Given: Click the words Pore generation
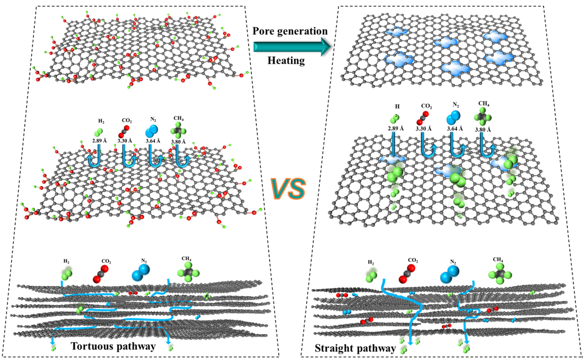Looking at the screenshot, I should point(290,31).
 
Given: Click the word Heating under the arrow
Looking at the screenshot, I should point(286,61).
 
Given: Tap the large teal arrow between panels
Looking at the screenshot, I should point(290,47).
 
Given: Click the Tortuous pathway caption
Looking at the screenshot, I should point(113,346).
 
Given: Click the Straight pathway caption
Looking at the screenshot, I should point(355,348).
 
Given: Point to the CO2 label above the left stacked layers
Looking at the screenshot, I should point(106,261).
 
